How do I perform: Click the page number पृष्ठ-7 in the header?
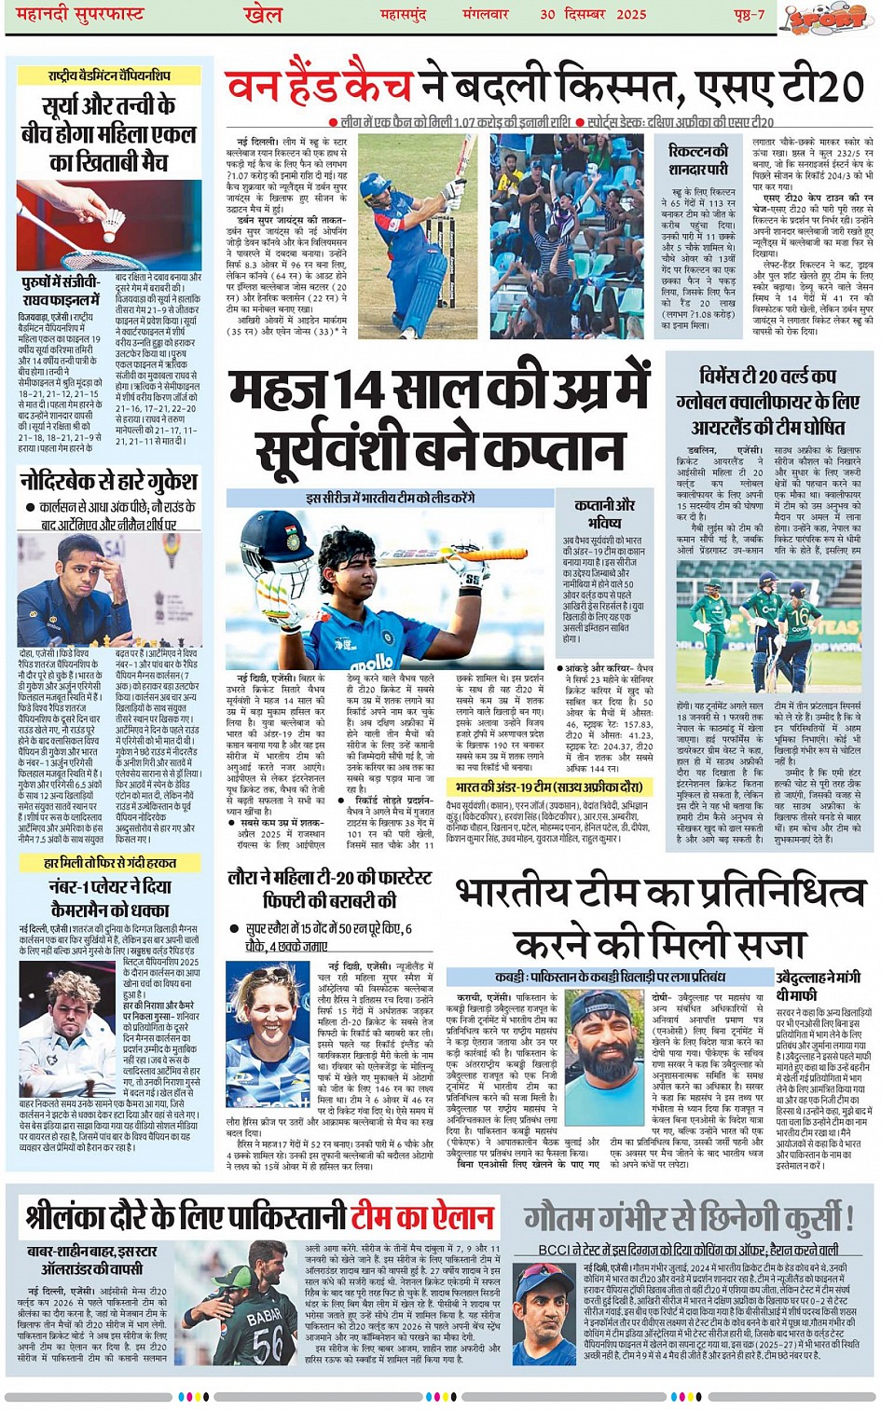pyautogui.click(x=749, y=14)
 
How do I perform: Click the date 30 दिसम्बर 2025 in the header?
pyautogui.click(x=593, y=14)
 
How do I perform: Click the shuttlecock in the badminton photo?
pyautogui.click(x=113, y=220)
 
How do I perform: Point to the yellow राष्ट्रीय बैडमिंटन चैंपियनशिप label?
pyautogui.click(x=109, y=75)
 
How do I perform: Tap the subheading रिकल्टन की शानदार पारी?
pyautogui.click(x=698, y=159)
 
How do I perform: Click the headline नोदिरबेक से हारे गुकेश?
pyautogui.click(x=108, y=482)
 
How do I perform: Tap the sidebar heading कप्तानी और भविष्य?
pyautogui.click(x=605, y=513)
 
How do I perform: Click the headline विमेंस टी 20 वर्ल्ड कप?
pyautogui.click(x=768, y=376)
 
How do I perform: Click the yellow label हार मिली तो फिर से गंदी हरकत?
pyautogui.click(x=109, y=863)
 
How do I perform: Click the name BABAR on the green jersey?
pyautogui.click(x=265, y=1317)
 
